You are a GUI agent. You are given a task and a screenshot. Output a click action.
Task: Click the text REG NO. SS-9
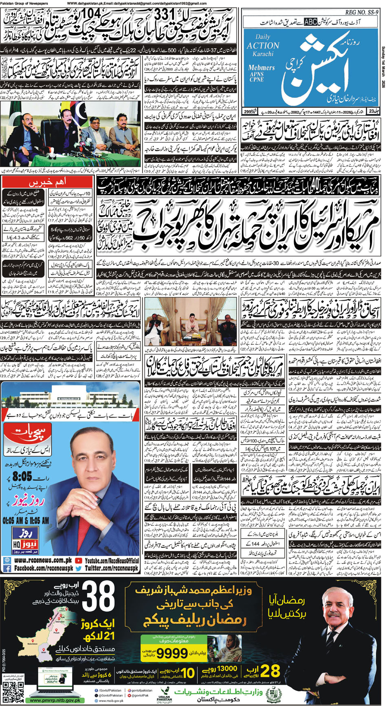click(x=362, y=13)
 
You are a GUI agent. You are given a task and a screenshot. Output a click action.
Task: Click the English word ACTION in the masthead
click(x=263, y=46)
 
